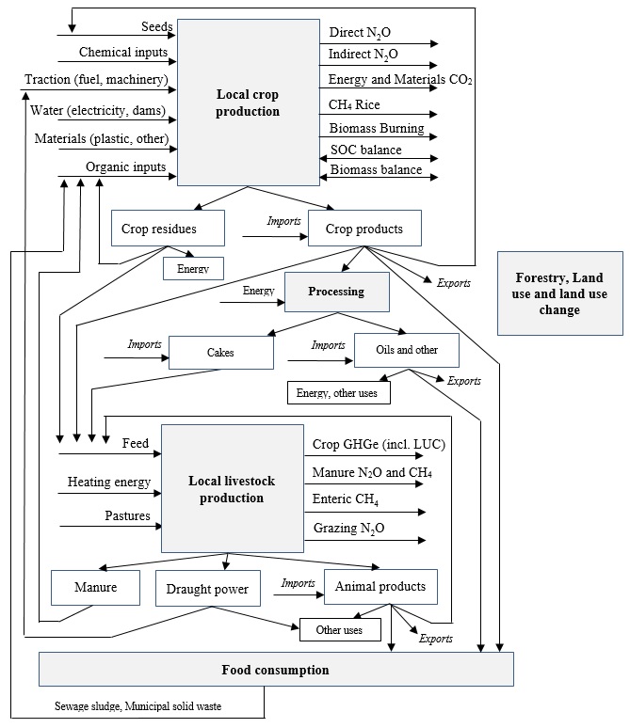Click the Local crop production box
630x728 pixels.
[x=248, y=103]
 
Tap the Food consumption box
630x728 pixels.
[x=276, y=670]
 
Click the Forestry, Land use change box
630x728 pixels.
[x=559, y=293]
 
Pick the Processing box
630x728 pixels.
[x=336, y=292]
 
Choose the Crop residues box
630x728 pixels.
[x=167, y=229]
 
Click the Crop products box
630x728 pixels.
[x=363, y=229]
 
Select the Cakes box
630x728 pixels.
[x=220, y=352]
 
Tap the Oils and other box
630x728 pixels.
[x=408, y=350]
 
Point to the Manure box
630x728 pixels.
[x=95, y=588]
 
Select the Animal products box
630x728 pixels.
[x=380, y=587]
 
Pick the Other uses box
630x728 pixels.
[x=340, y=629]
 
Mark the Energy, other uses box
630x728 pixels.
[x=339, y=391]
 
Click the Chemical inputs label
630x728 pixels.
[x=123, y=52]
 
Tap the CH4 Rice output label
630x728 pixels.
[x=354, y=105]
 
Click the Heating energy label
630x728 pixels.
[x=108, y=483]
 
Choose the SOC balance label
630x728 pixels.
[x=365, y=150]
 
